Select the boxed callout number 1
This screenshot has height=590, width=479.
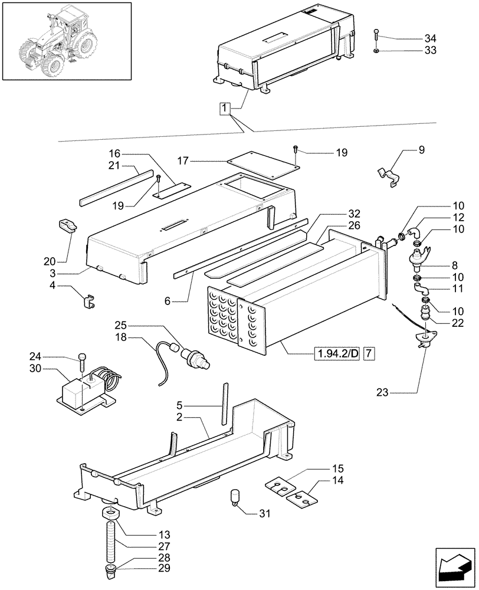click(x=225, y=109)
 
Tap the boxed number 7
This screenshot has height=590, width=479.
click(x=369, y=354)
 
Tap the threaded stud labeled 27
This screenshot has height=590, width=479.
click(x=111, y=542)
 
